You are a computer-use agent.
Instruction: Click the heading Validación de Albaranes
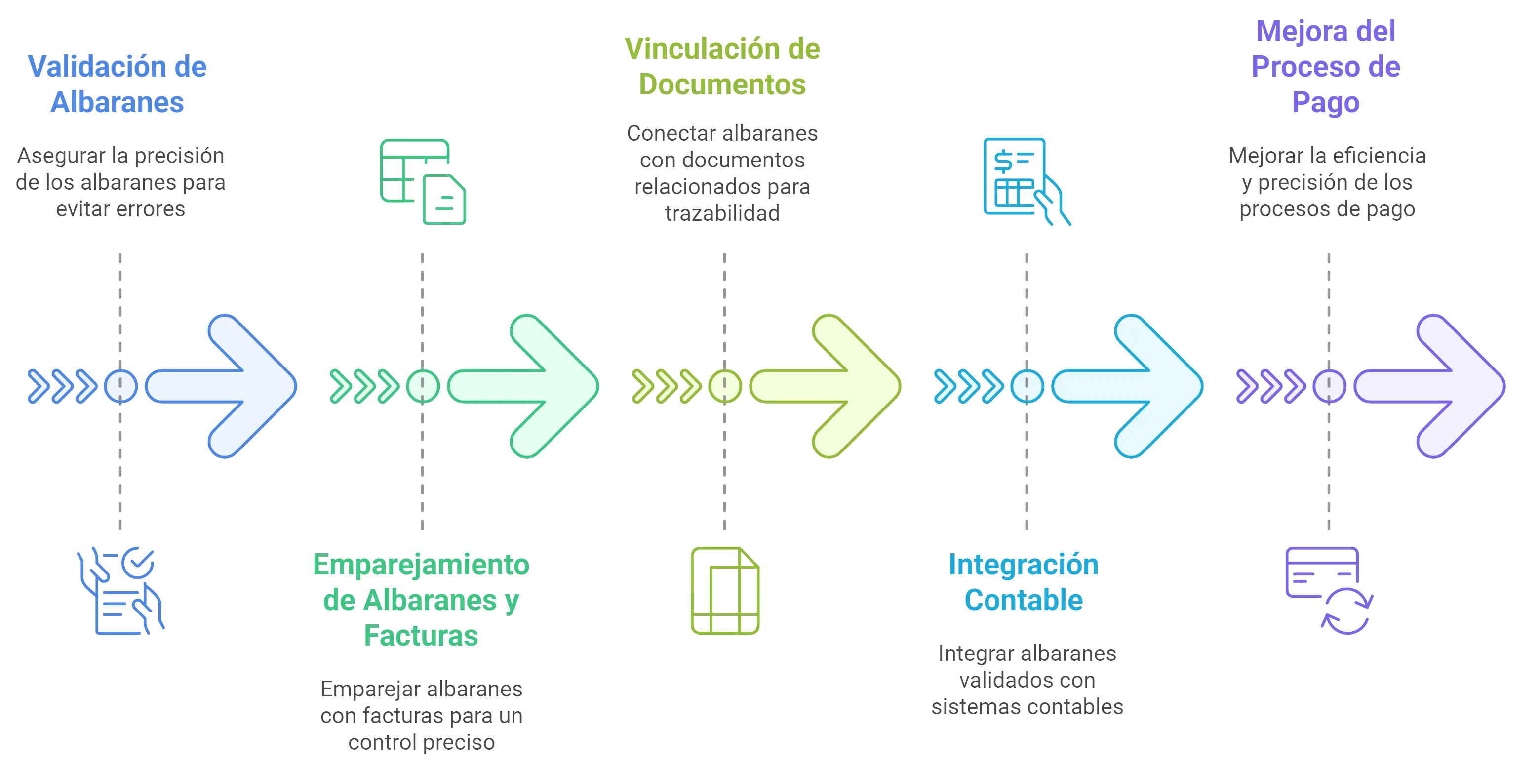click(x=118, y=84)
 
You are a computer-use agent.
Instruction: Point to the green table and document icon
click(x=423, y=182)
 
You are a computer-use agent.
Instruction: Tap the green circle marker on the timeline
click(x=423, y=386)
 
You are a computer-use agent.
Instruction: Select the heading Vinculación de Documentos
click(x=722, y=66)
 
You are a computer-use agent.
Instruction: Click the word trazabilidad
click(x=722, y=213)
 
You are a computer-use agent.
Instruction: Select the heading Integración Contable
click(x=1024, y=582)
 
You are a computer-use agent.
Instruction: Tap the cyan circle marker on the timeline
click(x=1027, y=386)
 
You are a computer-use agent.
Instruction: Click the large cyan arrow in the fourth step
click(x=1133, y=386)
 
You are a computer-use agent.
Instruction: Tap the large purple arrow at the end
click(x=1435, y=386)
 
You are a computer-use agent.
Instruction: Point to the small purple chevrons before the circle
click(x=1270, y=386)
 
